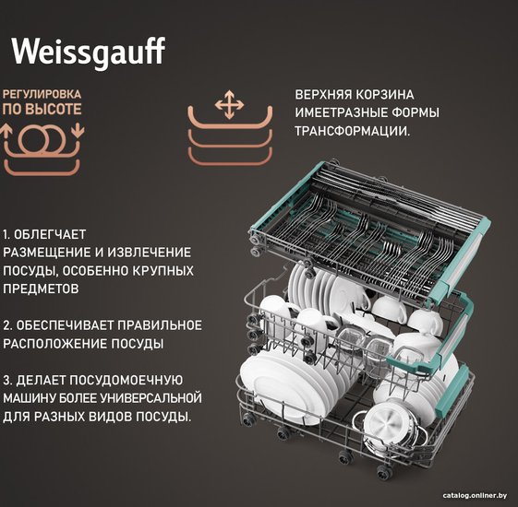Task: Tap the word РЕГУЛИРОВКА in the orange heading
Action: [42, 94]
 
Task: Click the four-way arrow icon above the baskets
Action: [229, 105]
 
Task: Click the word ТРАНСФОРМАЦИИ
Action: [352, 131]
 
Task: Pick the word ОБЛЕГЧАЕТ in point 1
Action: [50, 234]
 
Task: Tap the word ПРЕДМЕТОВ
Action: [41, 289]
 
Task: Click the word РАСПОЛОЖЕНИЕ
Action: [54, 344]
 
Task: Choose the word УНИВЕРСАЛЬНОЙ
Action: [151, 398]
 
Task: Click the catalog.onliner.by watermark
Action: [475, 495]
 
